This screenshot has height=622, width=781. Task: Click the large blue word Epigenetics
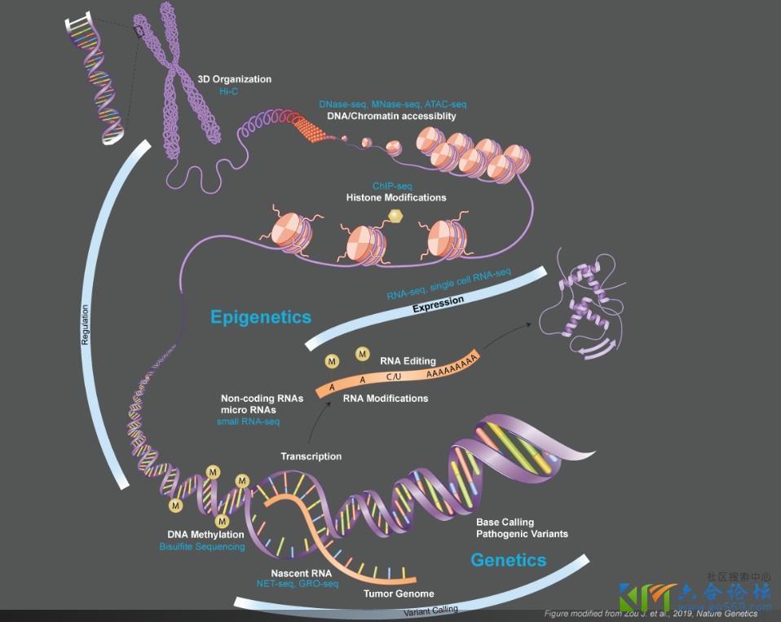[x=261, y=316]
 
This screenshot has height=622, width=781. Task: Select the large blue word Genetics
[x=509, y=560]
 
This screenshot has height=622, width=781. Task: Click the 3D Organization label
[x=235, y=80]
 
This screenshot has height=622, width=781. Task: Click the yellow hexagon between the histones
[x=396, y=216]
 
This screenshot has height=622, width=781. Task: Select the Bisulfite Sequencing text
[x=202, y=546]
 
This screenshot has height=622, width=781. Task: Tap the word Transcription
[x=311, y=457]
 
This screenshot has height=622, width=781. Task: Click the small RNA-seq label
[x=249, y=421]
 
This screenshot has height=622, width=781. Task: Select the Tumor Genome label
[x=399, y=593]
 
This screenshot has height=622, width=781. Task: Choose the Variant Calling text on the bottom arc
[x=430, y=609]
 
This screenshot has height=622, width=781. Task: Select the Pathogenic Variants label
[x=522, y=534]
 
